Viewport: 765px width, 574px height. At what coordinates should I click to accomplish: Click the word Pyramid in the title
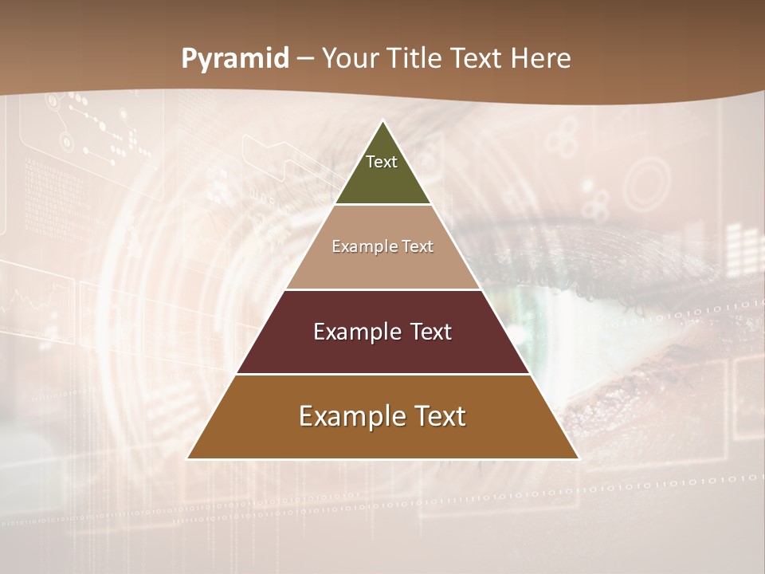tap(235, 59)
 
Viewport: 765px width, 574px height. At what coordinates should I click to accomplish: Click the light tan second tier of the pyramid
tap(382, 263)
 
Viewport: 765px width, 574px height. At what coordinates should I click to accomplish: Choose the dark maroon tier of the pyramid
tap(382, 351)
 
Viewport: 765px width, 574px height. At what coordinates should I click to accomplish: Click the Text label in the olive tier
tap(382, 162)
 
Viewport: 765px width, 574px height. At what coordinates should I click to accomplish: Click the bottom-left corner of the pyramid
tap(188, 458)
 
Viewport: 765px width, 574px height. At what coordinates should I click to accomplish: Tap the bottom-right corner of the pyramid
tap(578, 458)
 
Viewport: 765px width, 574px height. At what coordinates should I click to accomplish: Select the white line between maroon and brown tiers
tap(382, 374)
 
